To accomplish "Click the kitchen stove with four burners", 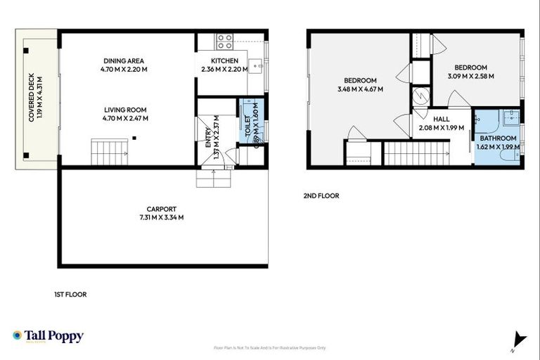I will point(225,41).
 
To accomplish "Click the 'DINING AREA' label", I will point(125,60).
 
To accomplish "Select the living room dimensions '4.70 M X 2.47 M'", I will point(125,118).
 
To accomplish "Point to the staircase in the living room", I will point(103,150).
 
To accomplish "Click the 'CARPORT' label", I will point(161,209).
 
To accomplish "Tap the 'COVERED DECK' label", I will point(32,99).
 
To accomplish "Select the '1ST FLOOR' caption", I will point(70,295).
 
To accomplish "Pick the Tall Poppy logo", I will point(48,336).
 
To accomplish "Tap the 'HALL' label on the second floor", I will point(442,120).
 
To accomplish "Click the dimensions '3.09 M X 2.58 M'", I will point(470,76).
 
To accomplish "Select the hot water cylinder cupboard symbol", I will point(420,94).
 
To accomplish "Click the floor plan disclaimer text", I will point(270,348).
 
